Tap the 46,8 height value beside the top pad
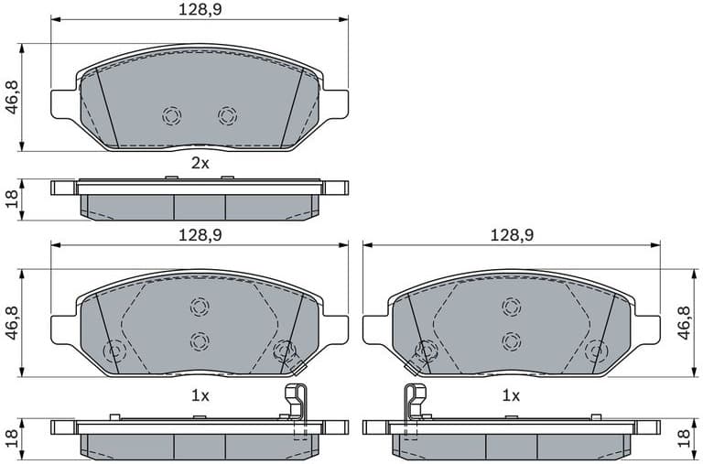click(x=12, y=98)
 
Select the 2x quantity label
click(x=200, y=164)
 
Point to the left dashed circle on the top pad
click(x=171, y=116)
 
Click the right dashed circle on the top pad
click(x=227, y=116)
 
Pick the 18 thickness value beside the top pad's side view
click(x=12, y=199)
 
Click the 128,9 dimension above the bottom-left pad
click(x=199, y=235)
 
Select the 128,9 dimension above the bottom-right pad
click(x=511, y=235)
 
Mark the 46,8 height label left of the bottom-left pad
click(x=12, y=323)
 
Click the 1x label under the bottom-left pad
click(x=200, y=396)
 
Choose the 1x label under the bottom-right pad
click(x=511, y=396)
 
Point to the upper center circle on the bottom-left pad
click(x=200, y=307)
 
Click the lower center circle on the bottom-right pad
click(x=511, y=340)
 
